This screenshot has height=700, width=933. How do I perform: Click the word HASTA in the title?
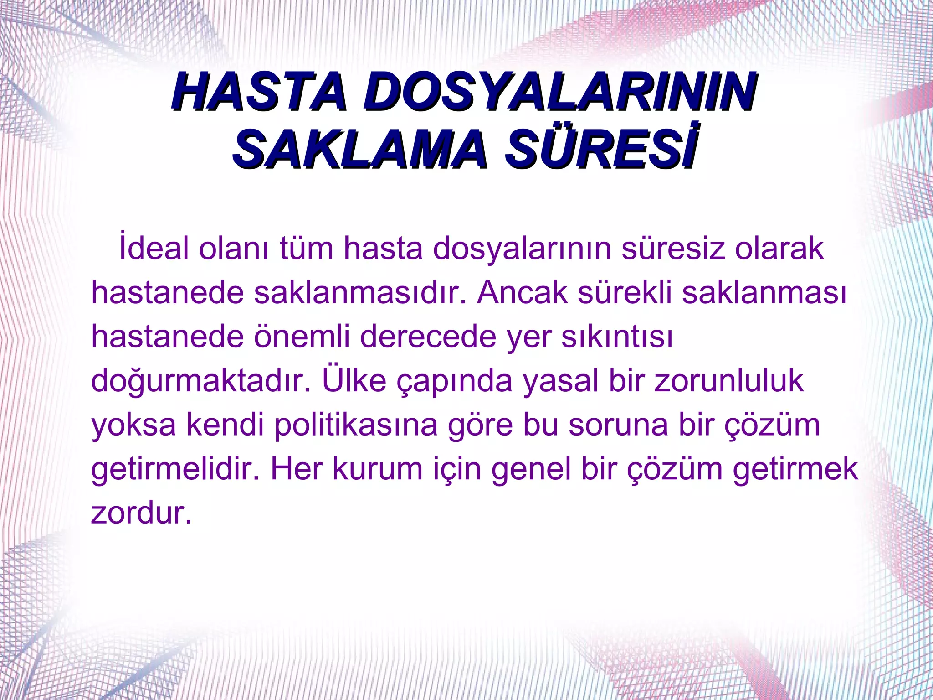click(x=258, y=93)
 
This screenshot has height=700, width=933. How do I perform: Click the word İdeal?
click(x=154, y=249)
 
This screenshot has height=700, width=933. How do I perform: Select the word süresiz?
click(x=673, y=249)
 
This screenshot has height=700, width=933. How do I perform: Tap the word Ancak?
click(x=523, y=292)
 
